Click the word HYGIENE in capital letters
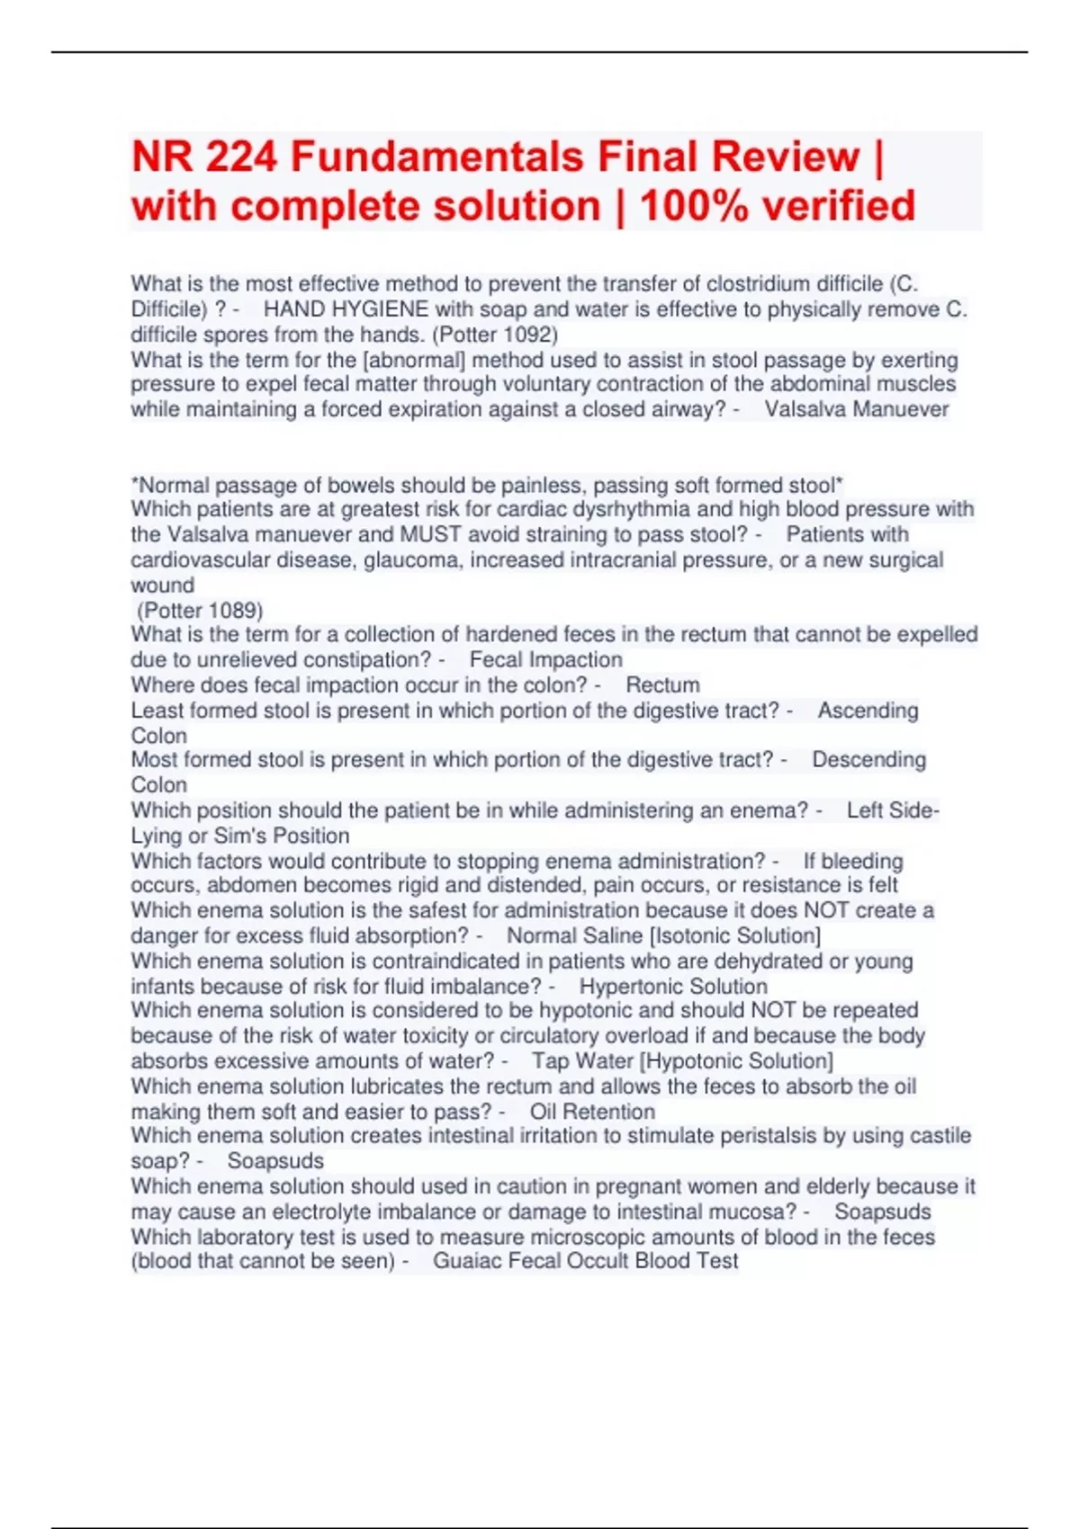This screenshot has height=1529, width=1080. [383, 309]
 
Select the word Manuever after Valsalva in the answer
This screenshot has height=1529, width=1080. [901, 409]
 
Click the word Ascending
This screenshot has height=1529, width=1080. [868, 711]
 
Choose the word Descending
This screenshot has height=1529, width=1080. [868, 760]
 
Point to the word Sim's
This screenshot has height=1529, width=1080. [240, 836]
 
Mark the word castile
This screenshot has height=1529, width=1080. [935, 1135]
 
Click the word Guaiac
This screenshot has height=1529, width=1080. [467, 1261]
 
